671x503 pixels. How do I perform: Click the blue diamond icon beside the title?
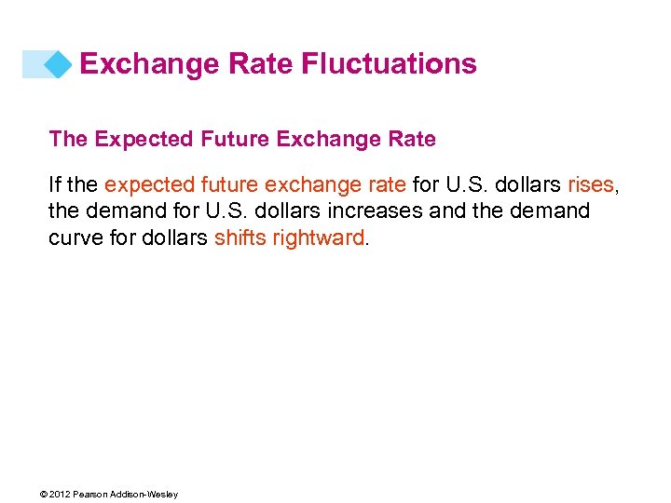click(58, 64)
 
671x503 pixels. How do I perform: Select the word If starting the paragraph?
click(55, 185)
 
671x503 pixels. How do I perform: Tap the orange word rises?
click(591, 185)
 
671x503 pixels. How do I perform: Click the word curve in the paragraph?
click(74, 238)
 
